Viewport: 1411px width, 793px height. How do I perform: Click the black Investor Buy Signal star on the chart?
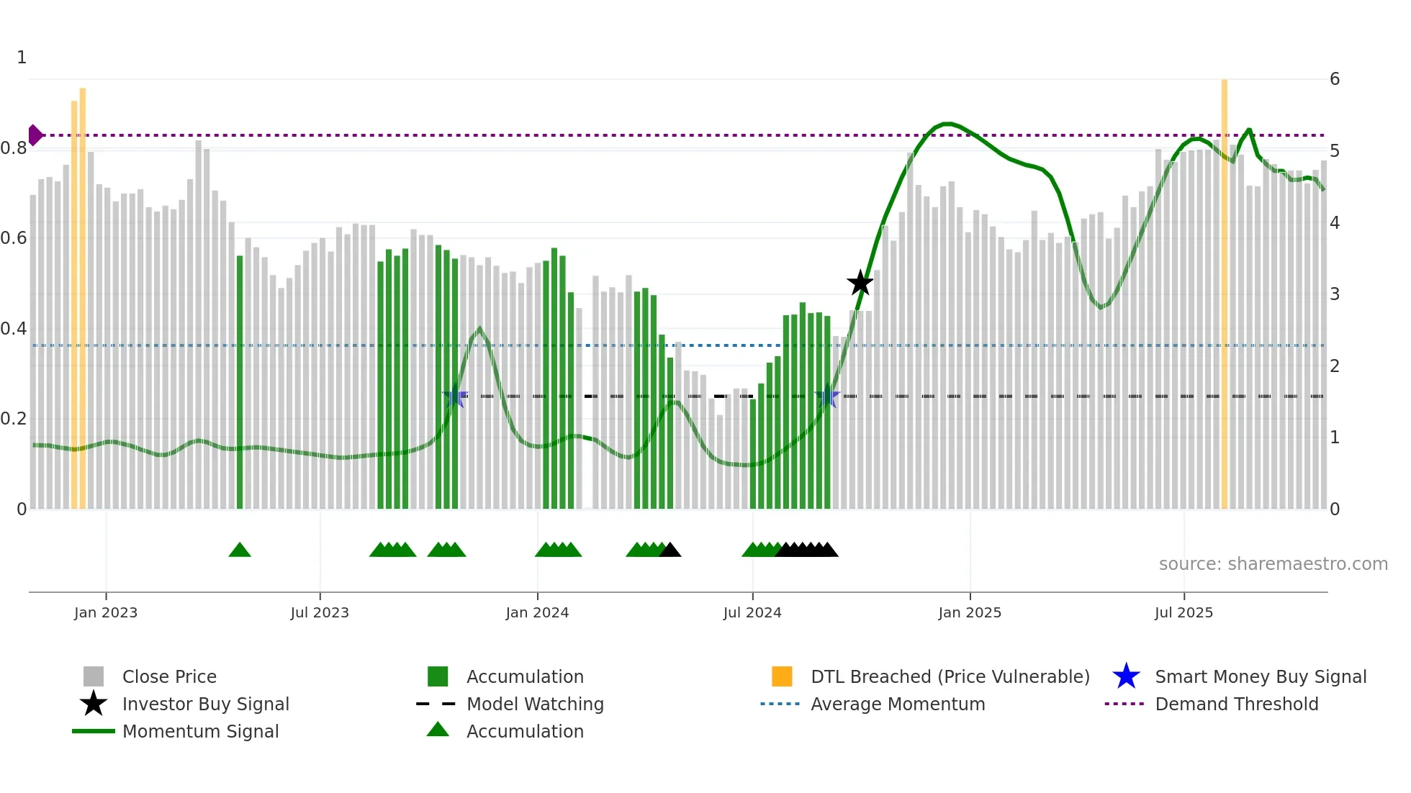click(x=860, y=283)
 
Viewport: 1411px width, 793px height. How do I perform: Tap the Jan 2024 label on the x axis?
click(x=537, y=613)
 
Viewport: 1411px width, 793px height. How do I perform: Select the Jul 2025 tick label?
click(x=1184, y=613)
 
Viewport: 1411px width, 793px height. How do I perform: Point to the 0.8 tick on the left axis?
click(x=14, y=149)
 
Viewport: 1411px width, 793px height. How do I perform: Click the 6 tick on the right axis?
click(x=1334, y=79)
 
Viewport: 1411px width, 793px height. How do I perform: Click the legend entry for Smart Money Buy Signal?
click(x=1260, y=677)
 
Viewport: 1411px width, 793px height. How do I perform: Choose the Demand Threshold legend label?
click(x=1236, y=704)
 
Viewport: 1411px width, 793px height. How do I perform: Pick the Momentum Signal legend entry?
click(x=200, y=732)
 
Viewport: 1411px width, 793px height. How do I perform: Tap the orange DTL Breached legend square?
click(x=782, y=676)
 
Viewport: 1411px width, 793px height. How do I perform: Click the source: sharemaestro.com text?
click(x=1273, y=564)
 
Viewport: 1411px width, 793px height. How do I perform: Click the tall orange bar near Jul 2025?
click(x=1224, y=288)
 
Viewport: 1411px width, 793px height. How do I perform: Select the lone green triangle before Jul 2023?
click(x=240, y=550)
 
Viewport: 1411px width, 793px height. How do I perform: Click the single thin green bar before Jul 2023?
click(x=240, y=381)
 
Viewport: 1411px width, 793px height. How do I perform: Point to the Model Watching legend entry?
click(x=534, y=704)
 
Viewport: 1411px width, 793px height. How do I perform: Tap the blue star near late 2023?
click(x=454, y=397)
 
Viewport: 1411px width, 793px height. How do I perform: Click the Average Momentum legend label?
click(x=897, y=704)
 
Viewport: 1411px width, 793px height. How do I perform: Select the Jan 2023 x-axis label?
click(x=106, y=613)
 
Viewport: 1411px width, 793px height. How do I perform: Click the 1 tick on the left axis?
click(x=22, y=58)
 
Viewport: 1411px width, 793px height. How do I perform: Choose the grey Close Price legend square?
click(x=94, y=676)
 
